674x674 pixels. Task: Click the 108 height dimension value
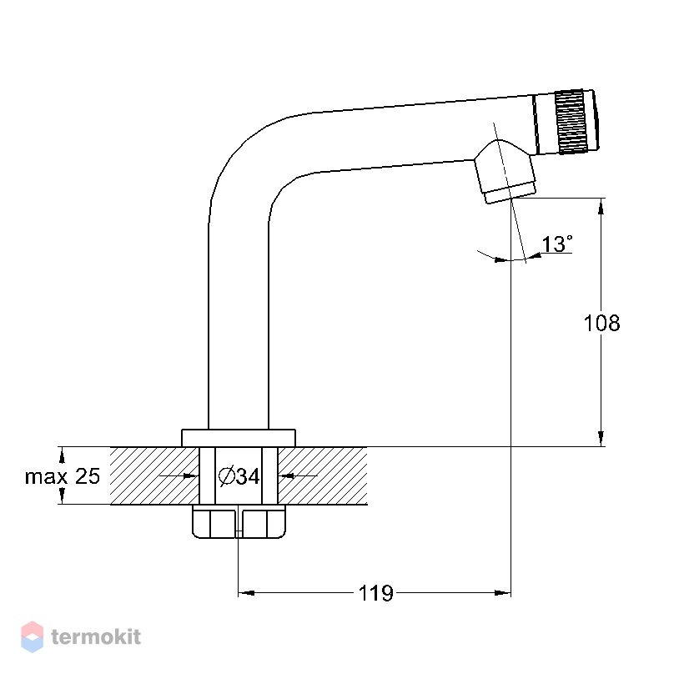coord(601,324)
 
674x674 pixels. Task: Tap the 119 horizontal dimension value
coord(375,593)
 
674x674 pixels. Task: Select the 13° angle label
coord(557,244)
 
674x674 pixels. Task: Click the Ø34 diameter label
coord(239,475)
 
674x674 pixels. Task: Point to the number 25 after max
coord(88,475)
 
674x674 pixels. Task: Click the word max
coord(46,477)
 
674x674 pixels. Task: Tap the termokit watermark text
coord(96,636)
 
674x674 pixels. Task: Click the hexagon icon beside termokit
coord(33,636)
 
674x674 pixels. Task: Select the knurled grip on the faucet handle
coord(571,122)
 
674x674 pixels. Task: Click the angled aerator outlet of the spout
coord(505,172)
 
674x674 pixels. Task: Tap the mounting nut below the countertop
coord(239,521)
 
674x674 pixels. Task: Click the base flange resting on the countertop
coord(239,438)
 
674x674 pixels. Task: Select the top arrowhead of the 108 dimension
coord(601,206)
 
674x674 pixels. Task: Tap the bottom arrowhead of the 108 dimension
coord(601,439)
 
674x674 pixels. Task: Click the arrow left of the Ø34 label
coord(179,475)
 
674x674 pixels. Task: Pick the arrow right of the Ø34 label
coord(298,475)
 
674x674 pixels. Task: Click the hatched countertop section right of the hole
coord(322,475)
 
